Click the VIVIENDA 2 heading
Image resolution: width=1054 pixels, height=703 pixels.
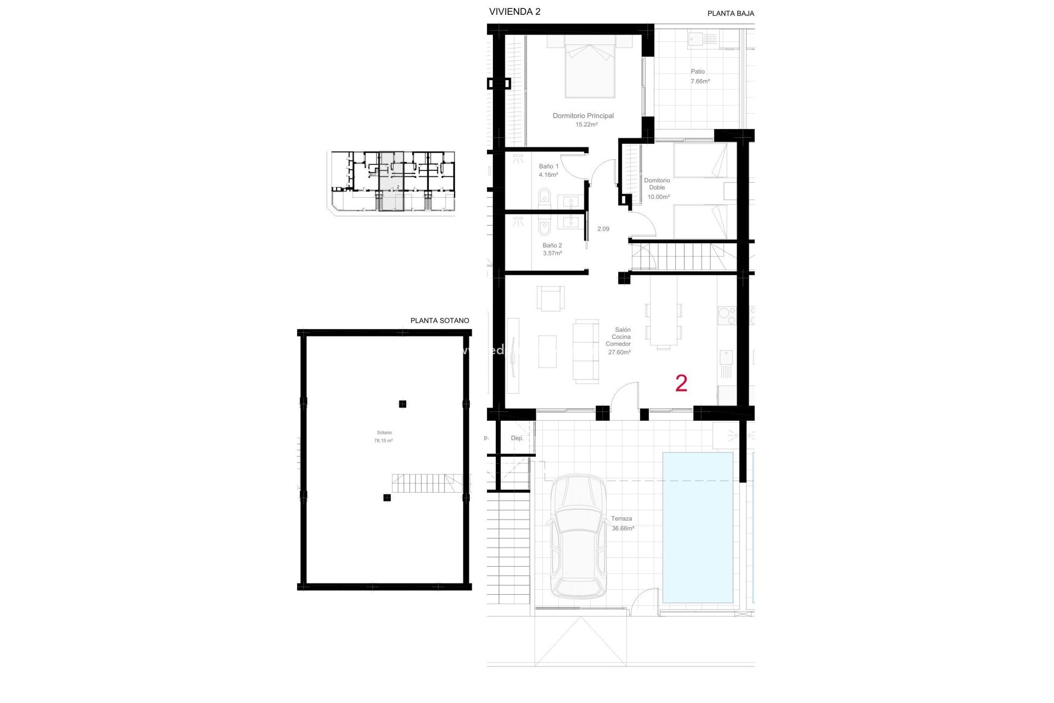(x=514, y=12)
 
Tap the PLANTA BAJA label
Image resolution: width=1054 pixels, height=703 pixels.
(x=730, y=13)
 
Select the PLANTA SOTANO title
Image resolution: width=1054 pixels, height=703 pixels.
(x=439, y=320)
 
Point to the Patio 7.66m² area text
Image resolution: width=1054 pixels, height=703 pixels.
(x=699, y=76)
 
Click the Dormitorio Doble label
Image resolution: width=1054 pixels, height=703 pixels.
(x=657, y=184)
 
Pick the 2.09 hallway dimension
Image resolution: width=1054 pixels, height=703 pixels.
(x=603, y=229)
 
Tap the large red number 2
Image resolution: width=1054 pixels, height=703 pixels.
(x=681, y=383)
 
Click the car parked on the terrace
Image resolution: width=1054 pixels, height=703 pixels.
(x=579, y=537)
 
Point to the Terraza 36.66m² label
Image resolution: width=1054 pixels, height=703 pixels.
(x=622, y=523)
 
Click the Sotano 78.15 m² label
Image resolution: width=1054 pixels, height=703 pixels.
(x=384, y=437)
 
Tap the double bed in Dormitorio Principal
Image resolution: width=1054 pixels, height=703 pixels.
(x=590, y=69)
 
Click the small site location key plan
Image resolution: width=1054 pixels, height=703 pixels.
(x=393, y=181)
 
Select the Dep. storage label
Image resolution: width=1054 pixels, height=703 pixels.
(x=517, y=438)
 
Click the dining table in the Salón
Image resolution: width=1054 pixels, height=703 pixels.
(x=663, y=319)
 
